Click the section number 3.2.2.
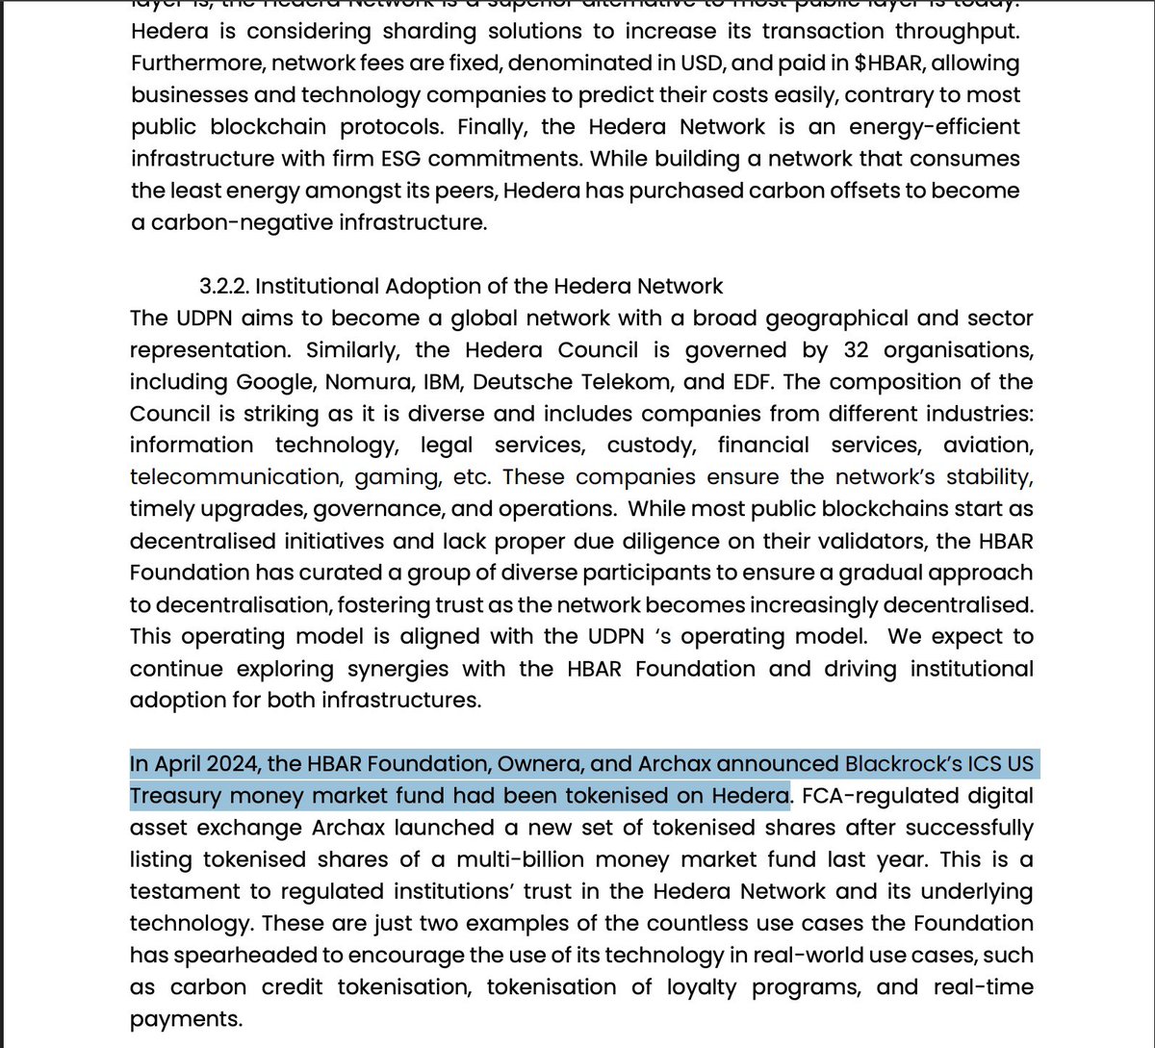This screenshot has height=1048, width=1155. click(x=223, y=286)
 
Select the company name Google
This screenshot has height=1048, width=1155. click(x=274, y=381)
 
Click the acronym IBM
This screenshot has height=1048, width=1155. click(x=444, y=381)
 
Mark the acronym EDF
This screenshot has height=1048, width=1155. click(x=754, y=381)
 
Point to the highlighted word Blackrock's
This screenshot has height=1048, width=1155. click(x=910, y=764)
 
